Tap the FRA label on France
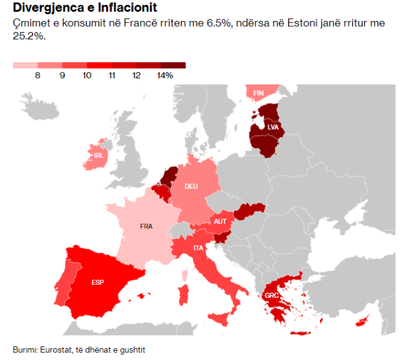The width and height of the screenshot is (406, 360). point(146,226)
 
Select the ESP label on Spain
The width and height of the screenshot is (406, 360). point(98,283)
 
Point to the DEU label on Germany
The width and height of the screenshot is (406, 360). point(191,187)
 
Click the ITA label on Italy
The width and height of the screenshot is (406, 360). point(198,248)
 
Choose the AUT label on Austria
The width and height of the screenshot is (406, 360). point(220,221)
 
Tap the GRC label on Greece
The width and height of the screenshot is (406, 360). point(272,296)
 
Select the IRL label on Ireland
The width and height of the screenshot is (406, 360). point(98,156)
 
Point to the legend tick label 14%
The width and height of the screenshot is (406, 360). point(165,76)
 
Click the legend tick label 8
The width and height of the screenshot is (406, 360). point(38,76)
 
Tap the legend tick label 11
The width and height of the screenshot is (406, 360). point(111,76)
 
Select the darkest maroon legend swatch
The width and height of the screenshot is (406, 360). point(174,65)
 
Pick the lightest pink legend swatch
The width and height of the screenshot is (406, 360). point(26,65)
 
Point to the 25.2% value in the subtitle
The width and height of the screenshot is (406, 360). point(27,37)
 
